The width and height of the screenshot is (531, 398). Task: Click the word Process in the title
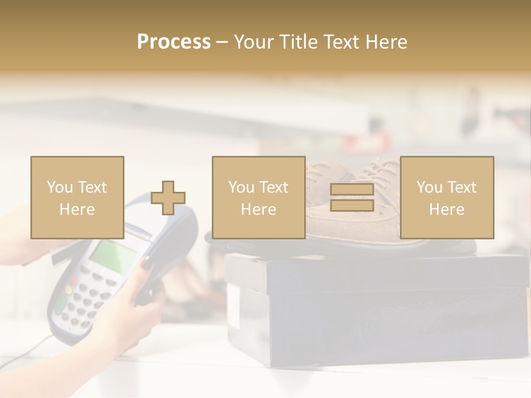point(174,42)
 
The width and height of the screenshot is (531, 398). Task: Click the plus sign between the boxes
point(168,198)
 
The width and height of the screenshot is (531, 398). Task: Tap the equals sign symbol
point(352,198)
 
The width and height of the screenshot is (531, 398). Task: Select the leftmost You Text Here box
point(77,198)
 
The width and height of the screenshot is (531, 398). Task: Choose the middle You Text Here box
point(258,198)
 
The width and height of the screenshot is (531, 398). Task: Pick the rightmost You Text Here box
point(446,198)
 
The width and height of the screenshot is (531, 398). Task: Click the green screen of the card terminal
point(113,257)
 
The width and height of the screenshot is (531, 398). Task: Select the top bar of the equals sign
point(352,190)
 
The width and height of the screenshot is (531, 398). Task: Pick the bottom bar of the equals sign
point(352,206)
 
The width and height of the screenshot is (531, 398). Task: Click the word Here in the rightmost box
point(446,210)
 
